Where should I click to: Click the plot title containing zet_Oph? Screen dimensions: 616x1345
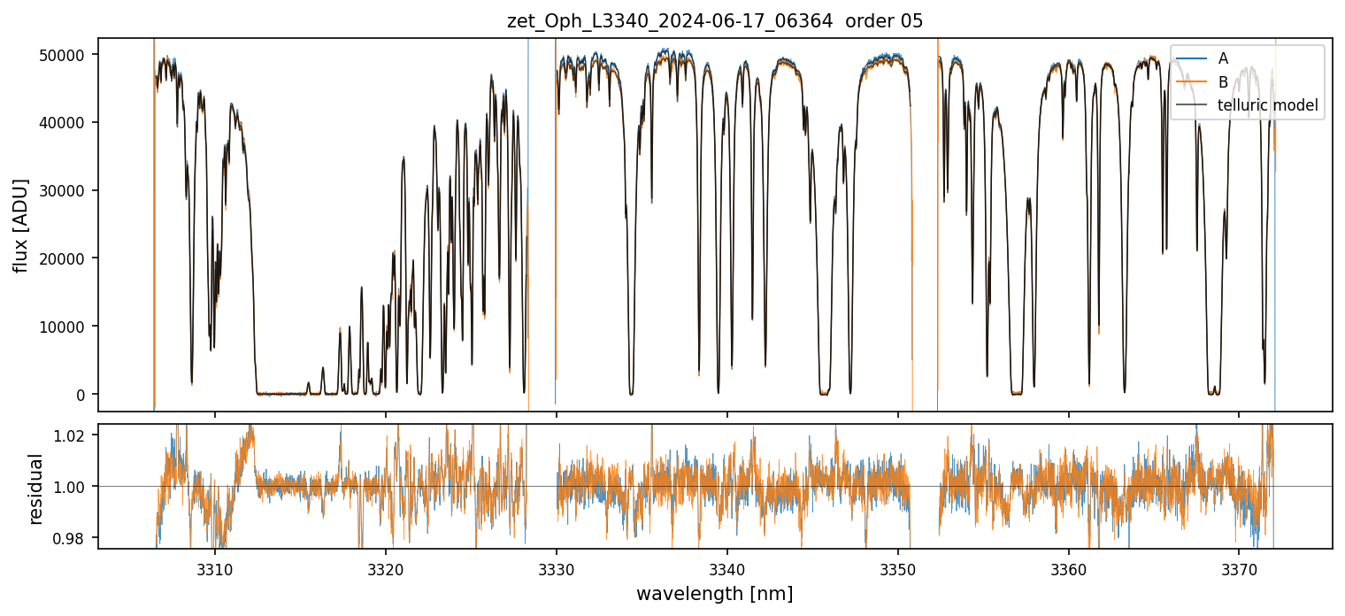715,21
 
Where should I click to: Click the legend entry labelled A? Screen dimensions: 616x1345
1223,58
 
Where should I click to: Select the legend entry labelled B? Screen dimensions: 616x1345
1223,82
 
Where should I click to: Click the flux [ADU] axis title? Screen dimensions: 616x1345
21,225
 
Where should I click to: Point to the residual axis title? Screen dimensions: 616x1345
36,489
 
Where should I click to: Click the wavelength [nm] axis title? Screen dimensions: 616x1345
715,594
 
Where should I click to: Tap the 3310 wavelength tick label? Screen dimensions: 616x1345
215,568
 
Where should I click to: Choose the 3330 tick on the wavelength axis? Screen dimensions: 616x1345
557,568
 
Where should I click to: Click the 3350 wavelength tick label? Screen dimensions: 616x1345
897,568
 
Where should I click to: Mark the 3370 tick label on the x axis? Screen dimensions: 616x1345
1239,568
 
